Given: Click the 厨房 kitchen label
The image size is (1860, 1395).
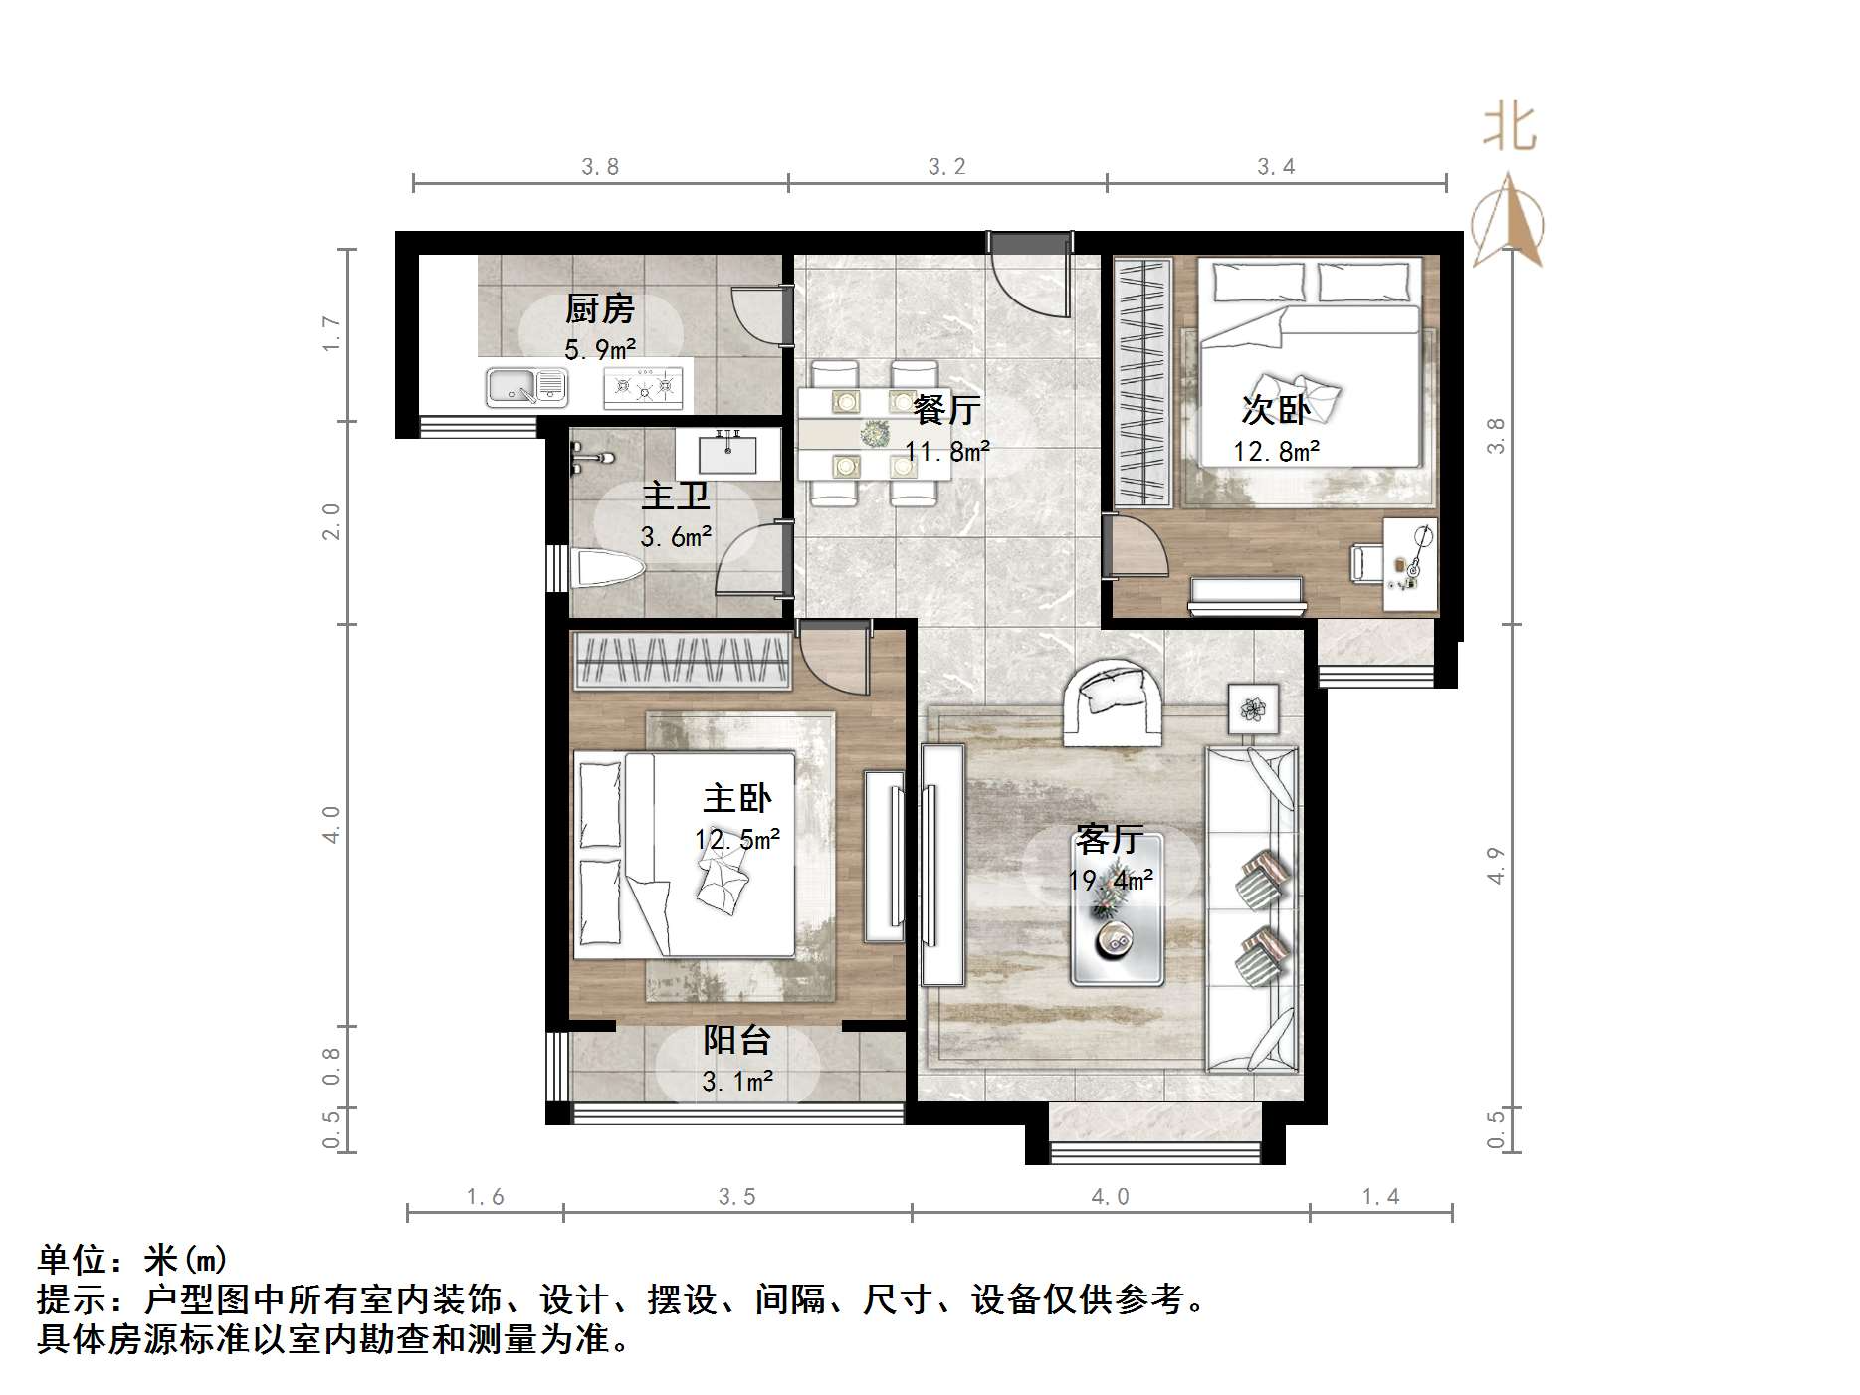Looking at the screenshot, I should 599,309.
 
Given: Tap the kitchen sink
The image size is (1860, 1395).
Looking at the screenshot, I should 526,386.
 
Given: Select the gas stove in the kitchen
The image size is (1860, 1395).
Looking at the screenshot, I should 644,387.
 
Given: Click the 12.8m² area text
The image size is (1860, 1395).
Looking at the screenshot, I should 1277,452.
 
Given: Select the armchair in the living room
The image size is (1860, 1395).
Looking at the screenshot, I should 1114,702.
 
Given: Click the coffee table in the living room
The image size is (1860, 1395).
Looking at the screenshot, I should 1117,910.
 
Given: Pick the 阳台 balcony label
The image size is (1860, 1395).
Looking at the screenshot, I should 737,1040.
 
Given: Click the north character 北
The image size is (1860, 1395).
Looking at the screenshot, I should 1510,129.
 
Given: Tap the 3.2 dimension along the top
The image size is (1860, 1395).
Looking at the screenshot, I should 946,167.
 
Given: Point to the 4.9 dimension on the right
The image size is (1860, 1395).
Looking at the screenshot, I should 1495,865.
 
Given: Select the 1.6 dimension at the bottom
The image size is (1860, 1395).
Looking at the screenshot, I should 485,1197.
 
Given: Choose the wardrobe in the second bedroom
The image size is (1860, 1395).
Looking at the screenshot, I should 1142,382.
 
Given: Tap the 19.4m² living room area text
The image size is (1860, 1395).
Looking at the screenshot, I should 1111,880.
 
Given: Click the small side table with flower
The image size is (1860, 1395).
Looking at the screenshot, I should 1252,708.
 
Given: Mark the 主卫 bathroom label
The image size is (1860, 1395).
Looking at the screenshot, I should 676,495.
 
